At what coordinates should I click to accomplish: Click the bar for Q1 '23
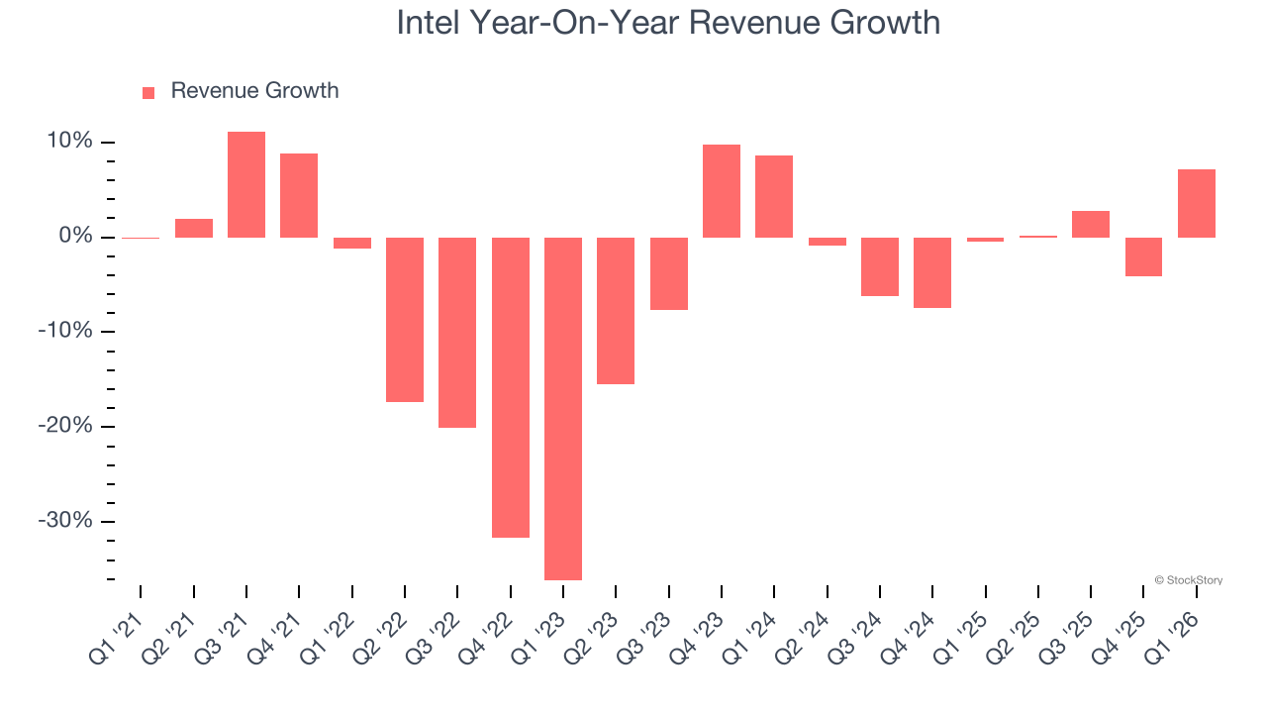click(x=563, y=408)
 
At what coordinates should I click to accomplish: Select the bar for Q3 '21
click(x=246, y=184)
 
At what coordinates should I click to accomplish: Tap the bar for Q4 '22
click(x=511, y=387)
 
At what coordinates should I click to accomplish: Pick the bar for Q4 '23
click(x=722, y=191)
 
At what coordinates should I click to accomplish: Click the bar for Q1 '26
click(x=1197, y=203)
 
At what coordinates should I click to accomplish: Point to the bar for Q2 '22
click(x=405, y=319)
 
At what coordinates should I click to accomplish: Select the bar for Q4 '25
click(x=1143, y=256)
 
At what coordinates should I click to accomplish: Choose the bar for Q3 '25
click(x=1091, y=224)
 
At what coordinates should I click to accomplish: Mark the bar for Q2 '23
click(x=616, y=310)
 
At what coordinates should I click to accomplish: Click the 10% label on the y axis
click(x=68, y=142)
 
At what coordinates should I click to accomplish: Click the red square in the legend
click(x=148, y=92)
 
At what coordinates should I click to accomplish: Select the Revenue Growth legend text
click(x=254, y=91)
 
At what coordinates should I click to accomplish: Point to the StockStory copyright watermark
click(x=1188, y=580)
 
